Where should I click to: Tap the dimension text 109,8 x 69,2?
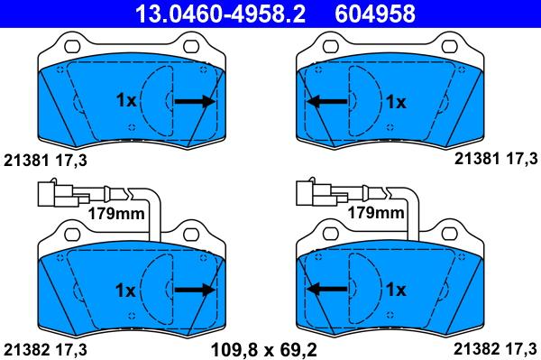pyautogui.click(x=270, y=346)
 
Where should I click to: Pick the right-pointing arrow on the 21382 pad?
pyautogui.click(x=195, y=290)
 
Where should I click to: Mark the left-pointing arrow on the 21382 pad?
pyautogui.click(x=328, y=290)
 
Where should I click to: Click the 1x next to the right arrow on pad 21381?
pyautogui.click(x=125, y=101)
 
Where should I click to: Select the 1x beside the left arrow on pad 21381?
pyautogui.click(x=397, y=102)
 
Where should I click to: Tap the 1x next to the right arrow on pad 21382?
pyautogui.click(x=125, y=290)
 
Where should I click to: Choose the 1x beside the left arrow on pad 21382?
pyautogui.click(x=397, y=290)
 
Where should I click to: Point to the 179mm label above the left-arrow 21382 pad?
pyautogui.click(x=375, y=213)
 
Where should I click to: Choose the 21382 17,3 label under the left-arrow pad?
pyautogui.click(x=494, y=346)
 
